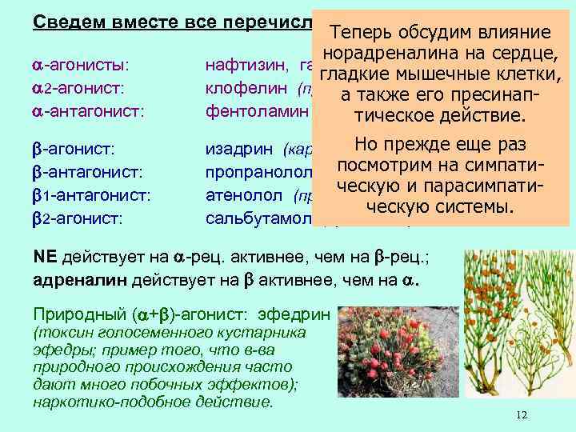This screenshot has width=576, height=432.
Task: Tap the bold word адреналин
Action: pos(72,278)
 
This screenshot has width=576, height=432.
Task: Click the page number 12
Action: pos(522,414)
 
